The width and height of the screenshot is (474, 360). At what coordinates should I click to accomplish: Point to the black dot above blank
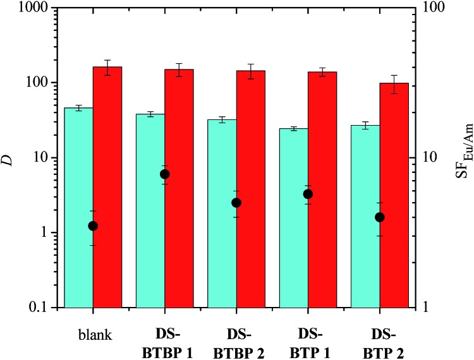coord(93,226)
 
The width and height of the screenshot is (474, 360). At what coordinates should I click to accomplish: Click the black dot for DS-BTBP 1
coord(165,174)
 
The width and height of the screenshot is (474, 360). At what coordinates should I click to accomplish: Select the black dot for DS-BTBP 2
coord(236,203)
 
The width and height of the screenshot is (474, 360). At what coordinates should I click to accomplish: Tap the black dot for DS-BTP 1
coord(308,194)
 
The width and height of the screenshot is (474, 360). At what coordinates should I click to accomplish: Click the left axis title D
coord(8,159)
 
